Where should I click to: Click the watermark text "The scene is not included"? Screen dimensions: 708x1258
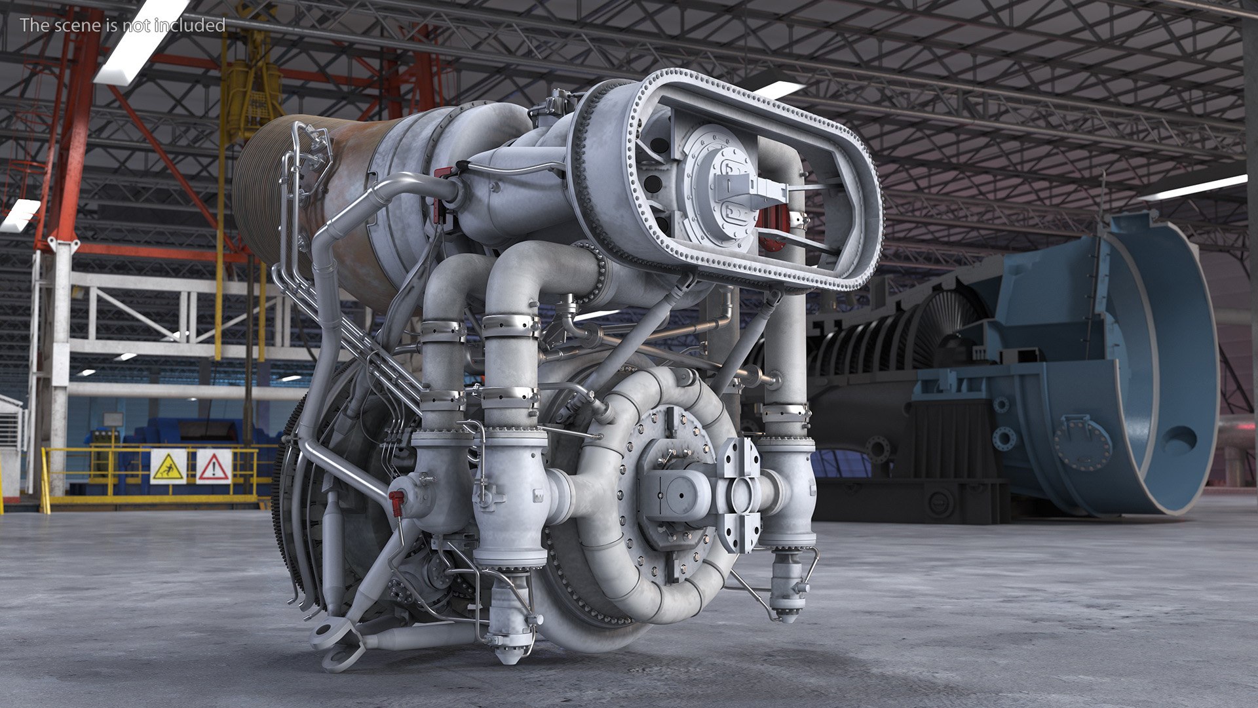coord(123,25)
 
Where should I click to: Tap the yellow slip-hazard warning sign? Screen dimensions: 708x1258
coord(168,467)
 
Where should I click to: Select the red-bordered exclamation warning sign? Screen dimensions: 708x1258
coord(214,467)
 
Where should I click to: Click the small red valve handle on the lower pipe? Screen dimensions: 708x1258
coord(396,502)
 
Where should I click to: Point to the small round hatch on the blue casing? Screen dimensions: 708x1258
coord(1082,442)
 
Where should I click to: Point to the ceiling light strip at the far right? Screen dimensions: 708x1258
coord(1192,187)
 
